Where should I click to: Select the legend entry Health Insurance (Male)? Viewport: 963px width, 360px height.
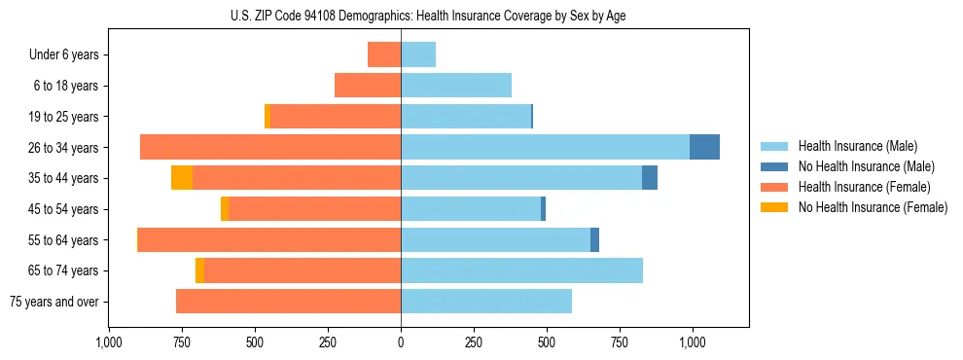click(x=857, y=146)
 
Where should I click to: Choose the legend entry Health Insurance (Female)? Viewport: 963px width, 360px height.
click(x=864, y=187)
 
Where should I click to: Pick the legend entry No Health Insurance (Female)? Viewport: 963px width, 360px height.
click(x=873, y=207)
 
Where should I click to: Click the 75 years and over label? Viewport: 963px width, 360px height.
click(x=53, y=302)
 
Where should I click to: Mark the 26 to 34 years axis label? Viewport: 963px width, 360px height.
click(x=64, y=148)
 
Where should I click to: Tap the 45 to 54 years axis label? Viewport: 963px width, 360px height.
click(x=64, y=209)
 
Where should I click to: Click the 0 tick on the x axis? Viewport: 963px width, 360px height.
click(x=401, y=342)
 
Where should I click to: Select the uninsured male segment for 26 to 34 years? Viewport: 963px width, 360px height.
click(x=704, y=147)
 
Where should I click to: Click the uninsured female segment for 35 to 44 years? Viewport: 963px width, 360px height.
click(x=182, y=178)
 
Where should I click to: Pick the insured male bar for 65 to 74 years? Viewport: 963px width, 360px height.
click(x=521, y=270)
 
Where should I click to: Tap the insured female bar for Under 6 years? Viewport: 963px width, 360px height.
click(x=384, y=54)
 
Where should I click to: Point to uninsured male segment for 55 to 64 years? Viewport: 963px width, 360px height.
click(x=594, y=239)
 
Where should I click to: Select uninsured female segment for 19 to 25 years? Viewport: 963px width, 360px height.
click(x=267, y=117)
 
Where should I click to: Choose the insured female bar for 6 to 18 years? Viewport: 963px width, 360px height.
click(x=368, y=86)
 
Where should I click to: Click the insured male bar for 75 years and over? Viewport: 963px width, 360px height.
click(x=486, y=302)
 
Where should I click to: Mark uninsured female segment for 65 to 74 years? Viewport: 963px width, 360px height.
click(x=199, y=270)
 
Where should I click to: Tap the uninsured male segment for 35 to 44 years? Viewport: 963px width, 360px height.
click(x=650, y=178)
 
